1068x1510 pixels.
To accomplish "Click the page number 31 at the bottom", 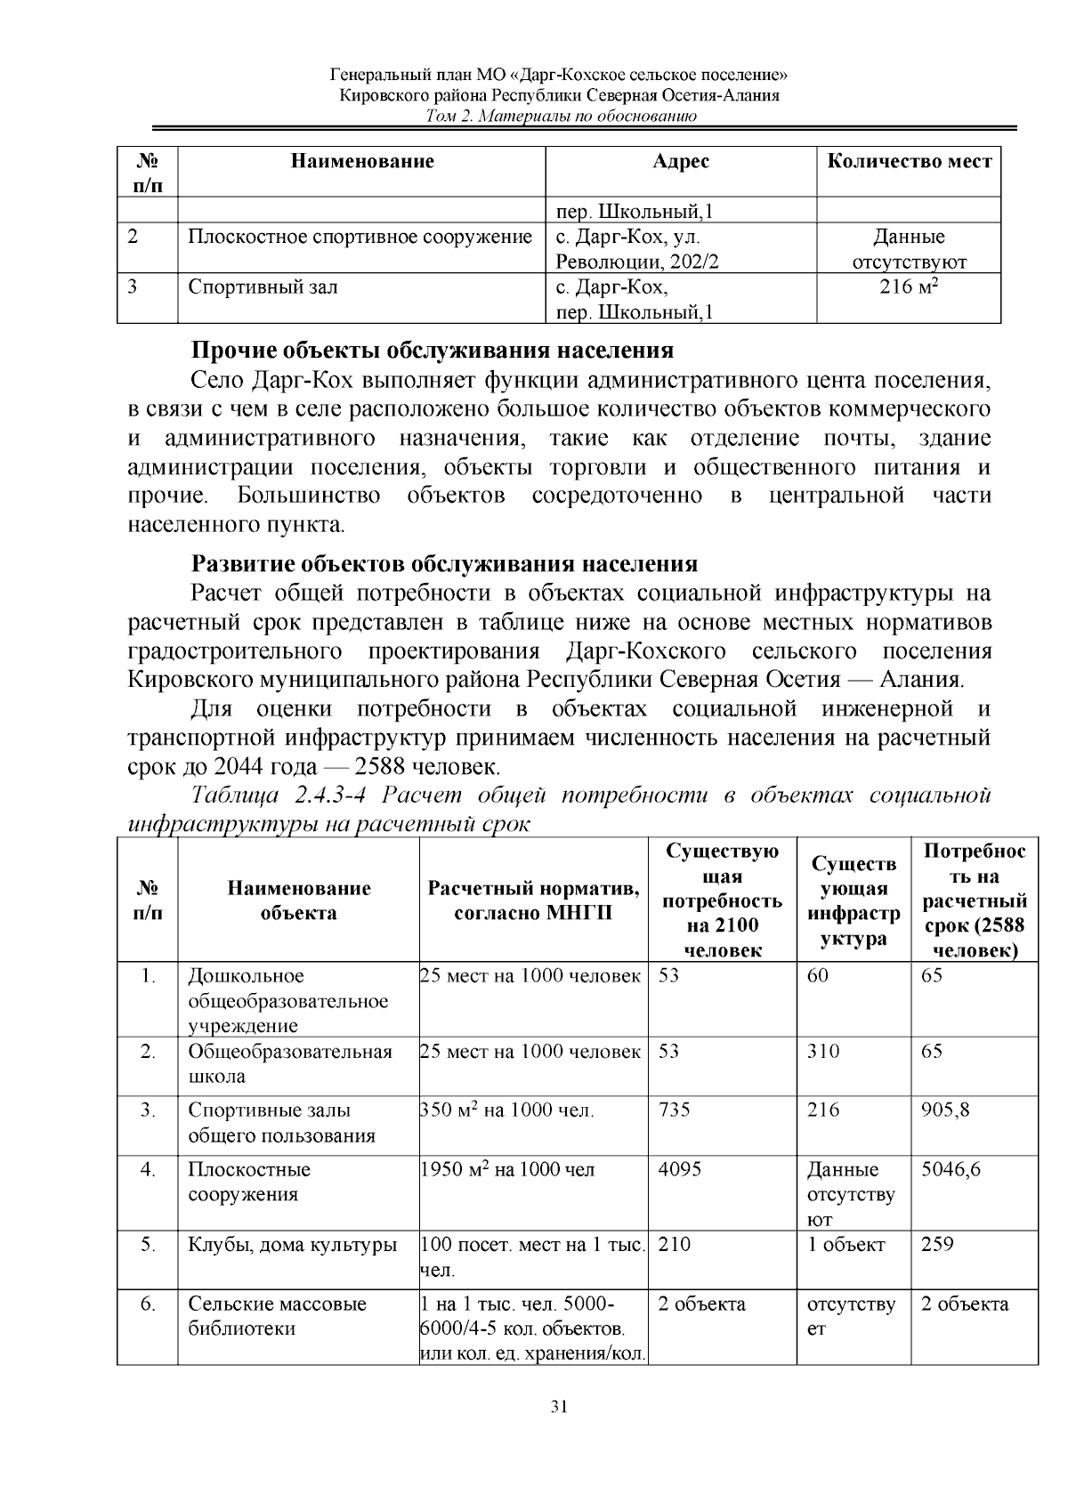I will (559, 1407).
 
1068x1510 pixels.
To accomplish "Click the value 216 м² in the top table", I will (909, 287).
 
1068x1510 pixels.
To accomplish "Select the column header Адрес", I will (680, 161).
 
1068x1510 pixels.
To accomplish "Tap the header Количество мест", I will (909, 161).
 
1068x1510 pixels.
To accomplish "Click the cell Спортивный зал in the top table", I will (263, 287).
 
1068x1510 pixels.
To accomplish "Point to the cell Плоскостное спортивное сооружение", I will (360, 238).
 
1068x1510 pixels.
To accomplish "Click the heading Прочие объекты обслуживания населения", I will (433, 350).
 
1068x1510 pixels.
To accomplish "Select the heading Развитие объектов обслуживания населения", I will (444, 564).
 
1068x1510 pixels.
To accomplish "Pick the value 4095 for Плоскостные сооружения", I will (679, 1168).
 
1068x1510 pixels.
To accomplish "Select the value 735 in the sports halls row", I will (674, 1110).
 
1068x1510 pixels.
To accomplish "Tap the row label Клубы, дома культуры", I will (292, 1244).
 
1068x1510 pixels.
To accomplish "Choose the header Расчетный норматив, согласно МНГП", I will (533, 900).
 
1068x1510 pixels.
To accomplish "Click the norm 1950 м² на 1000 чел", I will (506, 1169).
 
